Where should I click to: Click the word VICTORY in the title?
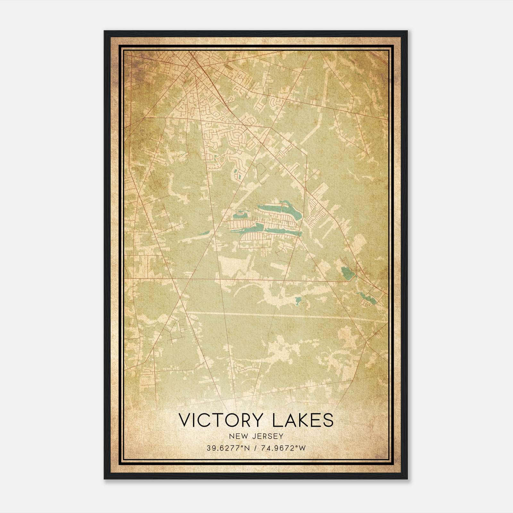pyautogui.click(x=221, y=420)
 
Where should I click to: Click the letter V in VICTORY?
pyautogui.click(x=185, y=420)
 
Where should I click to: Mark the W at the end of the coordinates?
pyautogui.click(x=303, y=448)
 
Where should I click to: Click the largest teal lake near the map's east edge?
pyautogui.click(x=347, y=273)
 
